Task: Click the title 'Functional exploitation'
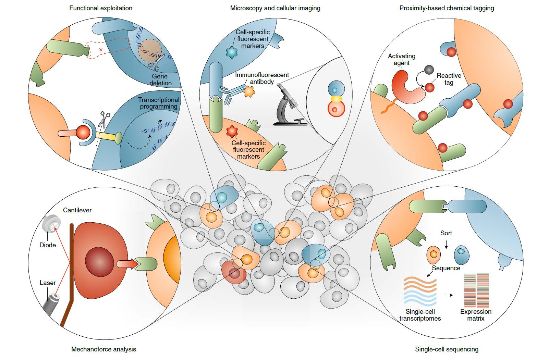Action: [x=101, y=8]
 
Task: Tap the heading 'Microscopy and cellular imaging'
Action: [x=275, y=8]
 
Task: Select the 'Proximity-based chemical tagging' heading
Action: [x=447, y=8]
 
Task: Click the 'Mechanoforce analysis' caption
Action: [x=103, y=349]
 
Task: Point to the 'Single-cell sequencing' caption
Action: [x=447, y=349]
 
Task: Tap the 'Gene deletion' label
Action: [x=160, y=80]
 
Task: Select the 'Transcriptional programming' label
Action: [x=159, y=103]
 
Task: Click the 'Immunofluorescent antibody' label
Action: [x=262, y=78]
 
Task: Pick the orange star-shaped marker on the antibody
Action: [x=249, y=91]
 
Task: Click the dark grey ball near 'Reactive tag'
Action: [x=429, y=70]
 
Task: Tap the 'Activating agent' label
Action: [x=402, y=60]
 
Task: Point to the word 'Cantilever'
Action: [x=77, y=210]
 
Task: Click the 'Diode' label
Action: [x=48, y=245]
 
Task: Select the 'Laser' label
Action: [x=48, y=283]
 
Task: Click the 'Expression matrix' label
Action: [x=476, y=315]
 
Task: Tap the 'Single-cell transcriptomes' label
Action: [x=420, y=315]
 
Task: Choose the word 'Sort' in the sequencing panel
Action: [x=446, y=233]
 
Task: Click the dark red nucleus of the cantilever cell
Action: [x=99, y=262]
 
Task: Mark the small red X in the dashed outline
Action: [x=101, y=50]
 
